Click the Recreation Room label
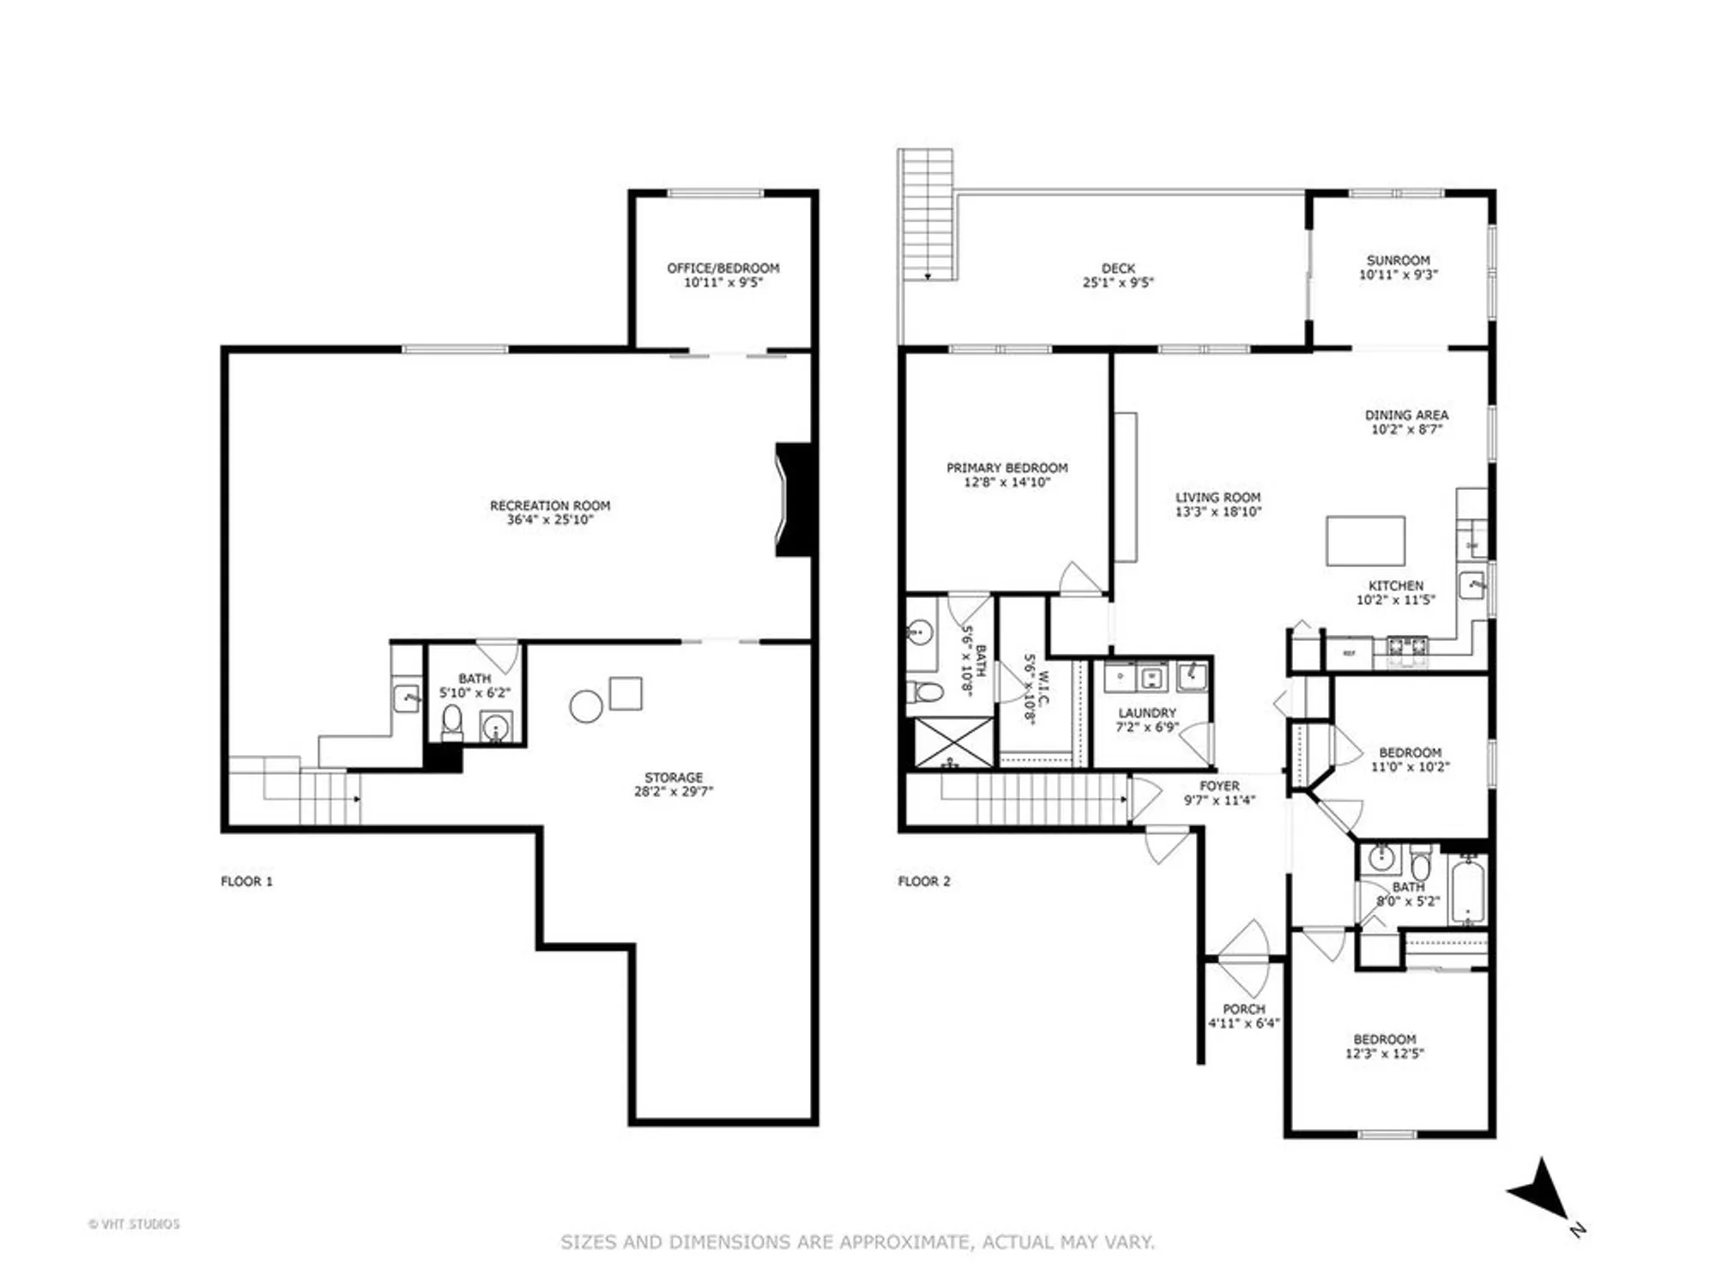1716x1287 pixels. coord(550,506)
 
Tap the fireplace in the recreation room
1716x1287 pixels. coord(793,499)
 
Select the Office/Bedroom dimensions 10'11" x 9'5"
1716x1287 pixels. coord(723,282)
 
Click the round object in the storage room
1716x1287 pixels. coord(586,706)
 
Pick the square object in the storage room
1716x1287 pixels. coord(625,693)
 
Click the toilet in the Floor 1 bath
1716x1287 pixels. coord(451,721)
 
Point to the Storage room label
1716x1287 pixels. coord(674,777)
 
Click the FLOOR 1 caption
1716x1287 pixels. coord(246,881)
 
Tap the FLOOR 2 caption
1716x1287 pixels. coord(924,881)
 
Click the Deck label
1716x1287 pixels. coord(1118,269)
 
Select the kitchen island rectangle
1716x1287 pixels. coord(1365,541)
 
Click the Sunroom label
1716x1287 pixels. coord(1398,260)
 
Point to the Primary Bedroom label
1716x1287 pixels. coord(1006,468)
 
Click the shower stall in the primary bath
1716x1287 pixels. coord(952,743)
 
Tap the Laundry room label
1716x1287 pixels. coord(1147,713)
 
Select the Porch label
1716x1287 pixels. coord(1244,1009)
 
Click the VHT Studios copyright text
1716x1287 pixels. coord(134,1224)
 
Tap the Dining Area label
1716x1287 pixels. coord(1406,415)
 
